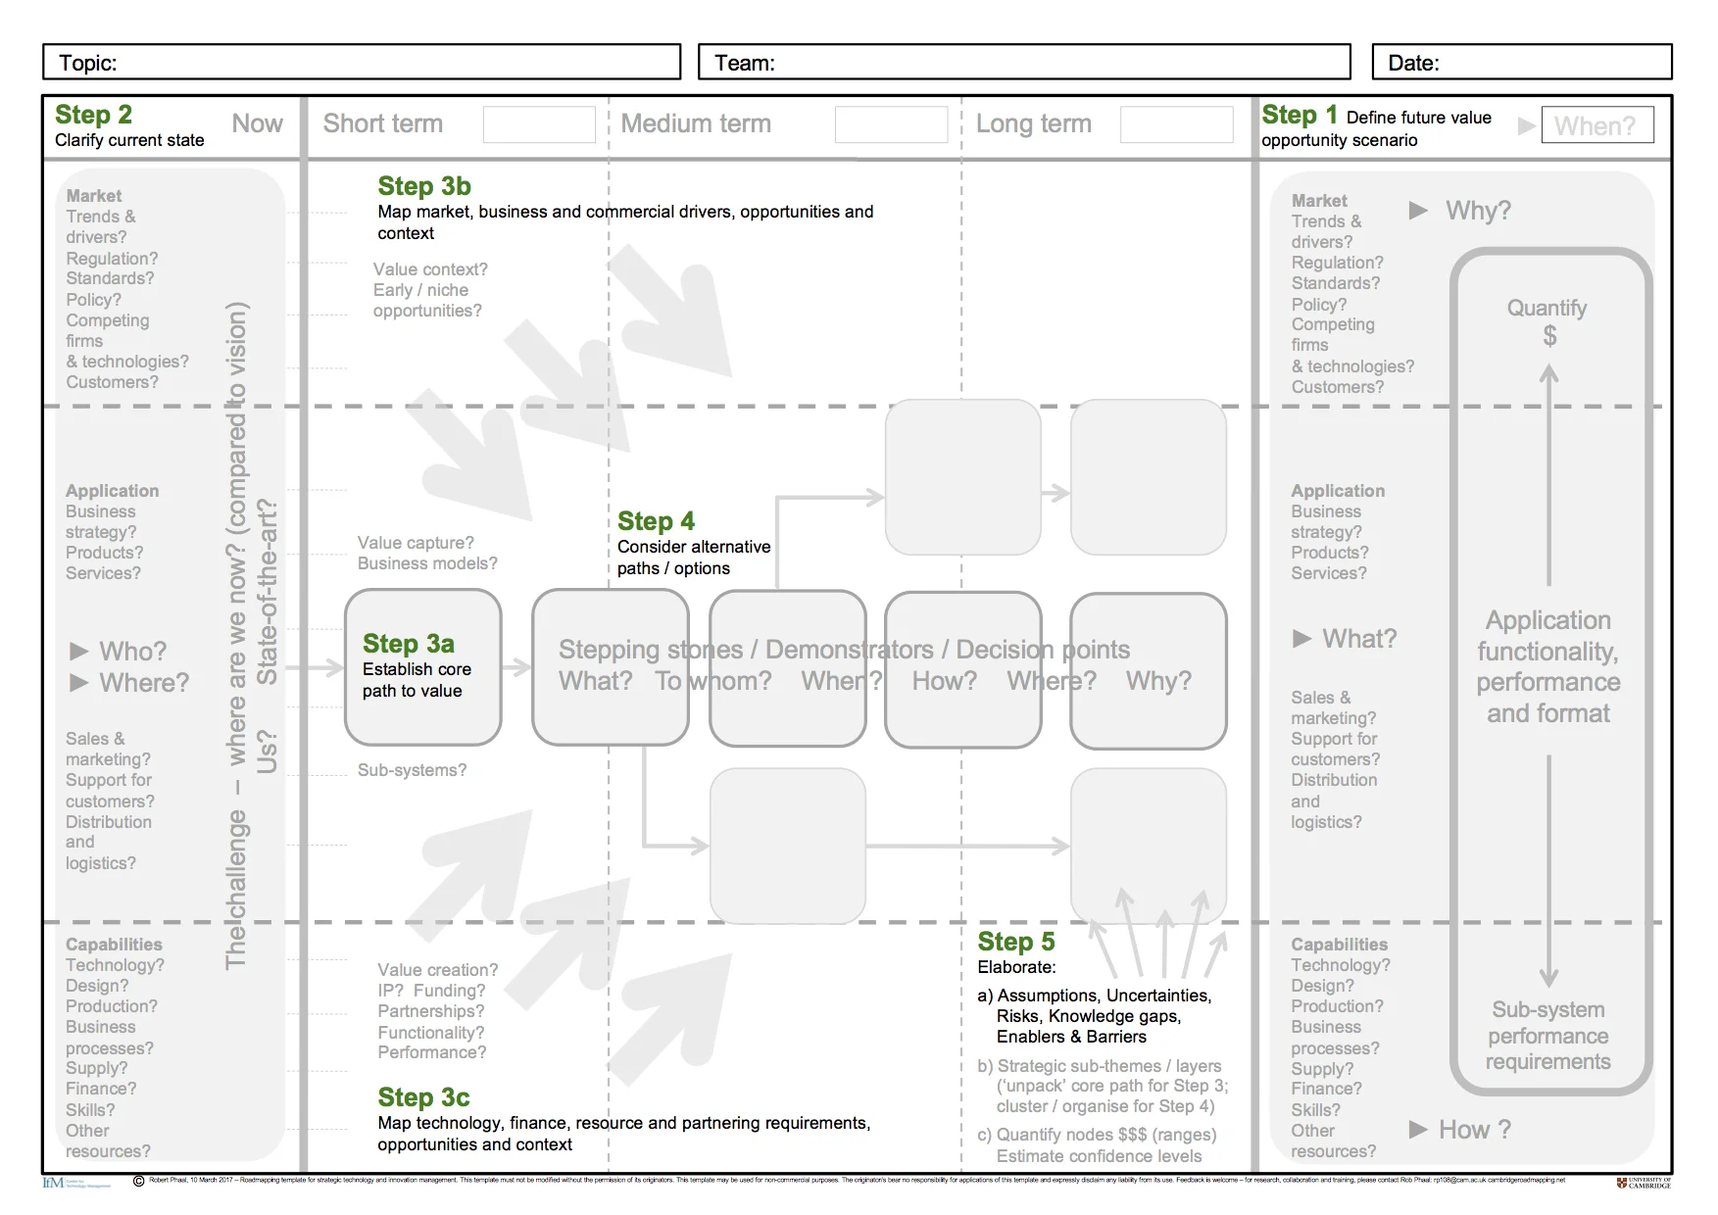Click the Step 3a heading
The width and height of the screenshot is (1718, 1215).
tap(408, 644)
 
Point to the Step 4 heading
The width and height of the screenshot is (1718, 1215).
tap(656, 521)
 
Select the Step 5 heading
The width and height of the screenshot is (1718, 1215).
tap(1015, 942)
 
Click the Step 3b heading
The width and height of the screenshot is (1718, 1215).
tap(423, 186)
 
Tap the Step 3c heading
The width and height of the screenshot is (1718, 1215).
tap(423, 1097)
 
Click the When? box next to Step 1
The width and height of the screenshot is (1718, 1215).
tap(1596, 125)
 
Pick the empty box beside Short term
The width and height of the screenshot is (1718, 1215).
tap(539, 124)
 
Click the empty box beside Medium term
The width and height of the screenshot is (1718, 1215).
tap(891, 124)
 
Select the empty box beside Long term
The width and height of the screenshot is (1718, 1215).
tap(1176, 124)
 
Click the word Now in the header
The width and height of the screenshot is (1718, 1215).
tap(257, 123)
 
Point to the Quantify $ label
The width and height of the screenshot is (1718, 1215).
tap(1546, 321)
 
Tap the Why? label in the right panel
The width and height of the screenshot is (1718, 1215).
tap(1478, 211)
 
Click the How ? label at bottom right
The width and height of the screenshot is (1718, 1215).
tap(1474, 1130)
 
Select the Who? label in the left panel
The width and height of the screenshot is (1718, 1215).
tap(132, 652)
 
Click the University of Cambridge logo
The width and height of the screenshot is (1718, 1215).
tap(1644, 1183)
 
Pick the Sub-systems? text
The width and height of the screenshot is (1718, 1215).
tap(412, 770)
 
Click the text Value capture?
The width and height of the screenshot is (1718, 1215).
tap(416, 543)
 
